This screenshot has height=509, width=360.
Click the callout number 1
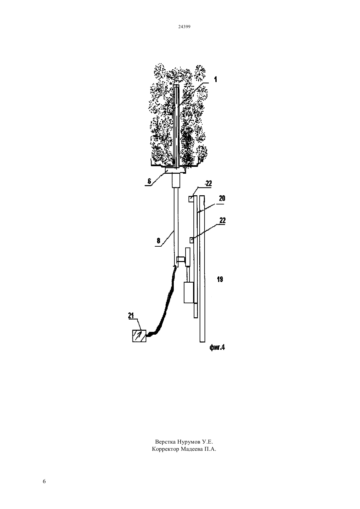click(215, 79)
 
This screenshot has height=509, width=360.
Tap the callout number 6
click(149, 181)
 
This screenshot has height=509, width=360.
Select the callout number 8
click(158, 241)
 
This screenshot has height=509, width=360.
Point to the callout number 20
click(222, 198)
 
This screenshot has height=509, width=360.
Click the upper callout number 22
click(208, 184)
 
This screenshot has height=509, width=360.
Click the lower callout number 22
click(223, 220)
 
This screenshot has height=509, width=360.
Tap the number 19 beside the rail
click(220, 279)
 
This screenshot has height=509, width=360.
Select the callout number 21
click(131, 316)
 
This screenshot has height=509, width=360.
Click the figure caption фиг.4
click(217, 347)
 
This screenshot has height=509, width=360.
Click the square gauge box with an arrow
click(139, 336)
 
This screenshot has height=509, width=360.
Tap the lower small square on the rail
click(191, 240)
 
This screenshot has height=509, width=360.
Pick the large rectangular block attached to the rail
click(189, 292)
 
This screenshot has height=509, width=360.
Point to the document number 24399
click(184, 27)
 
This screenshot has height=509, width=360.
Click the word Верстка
click(165, 442)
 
